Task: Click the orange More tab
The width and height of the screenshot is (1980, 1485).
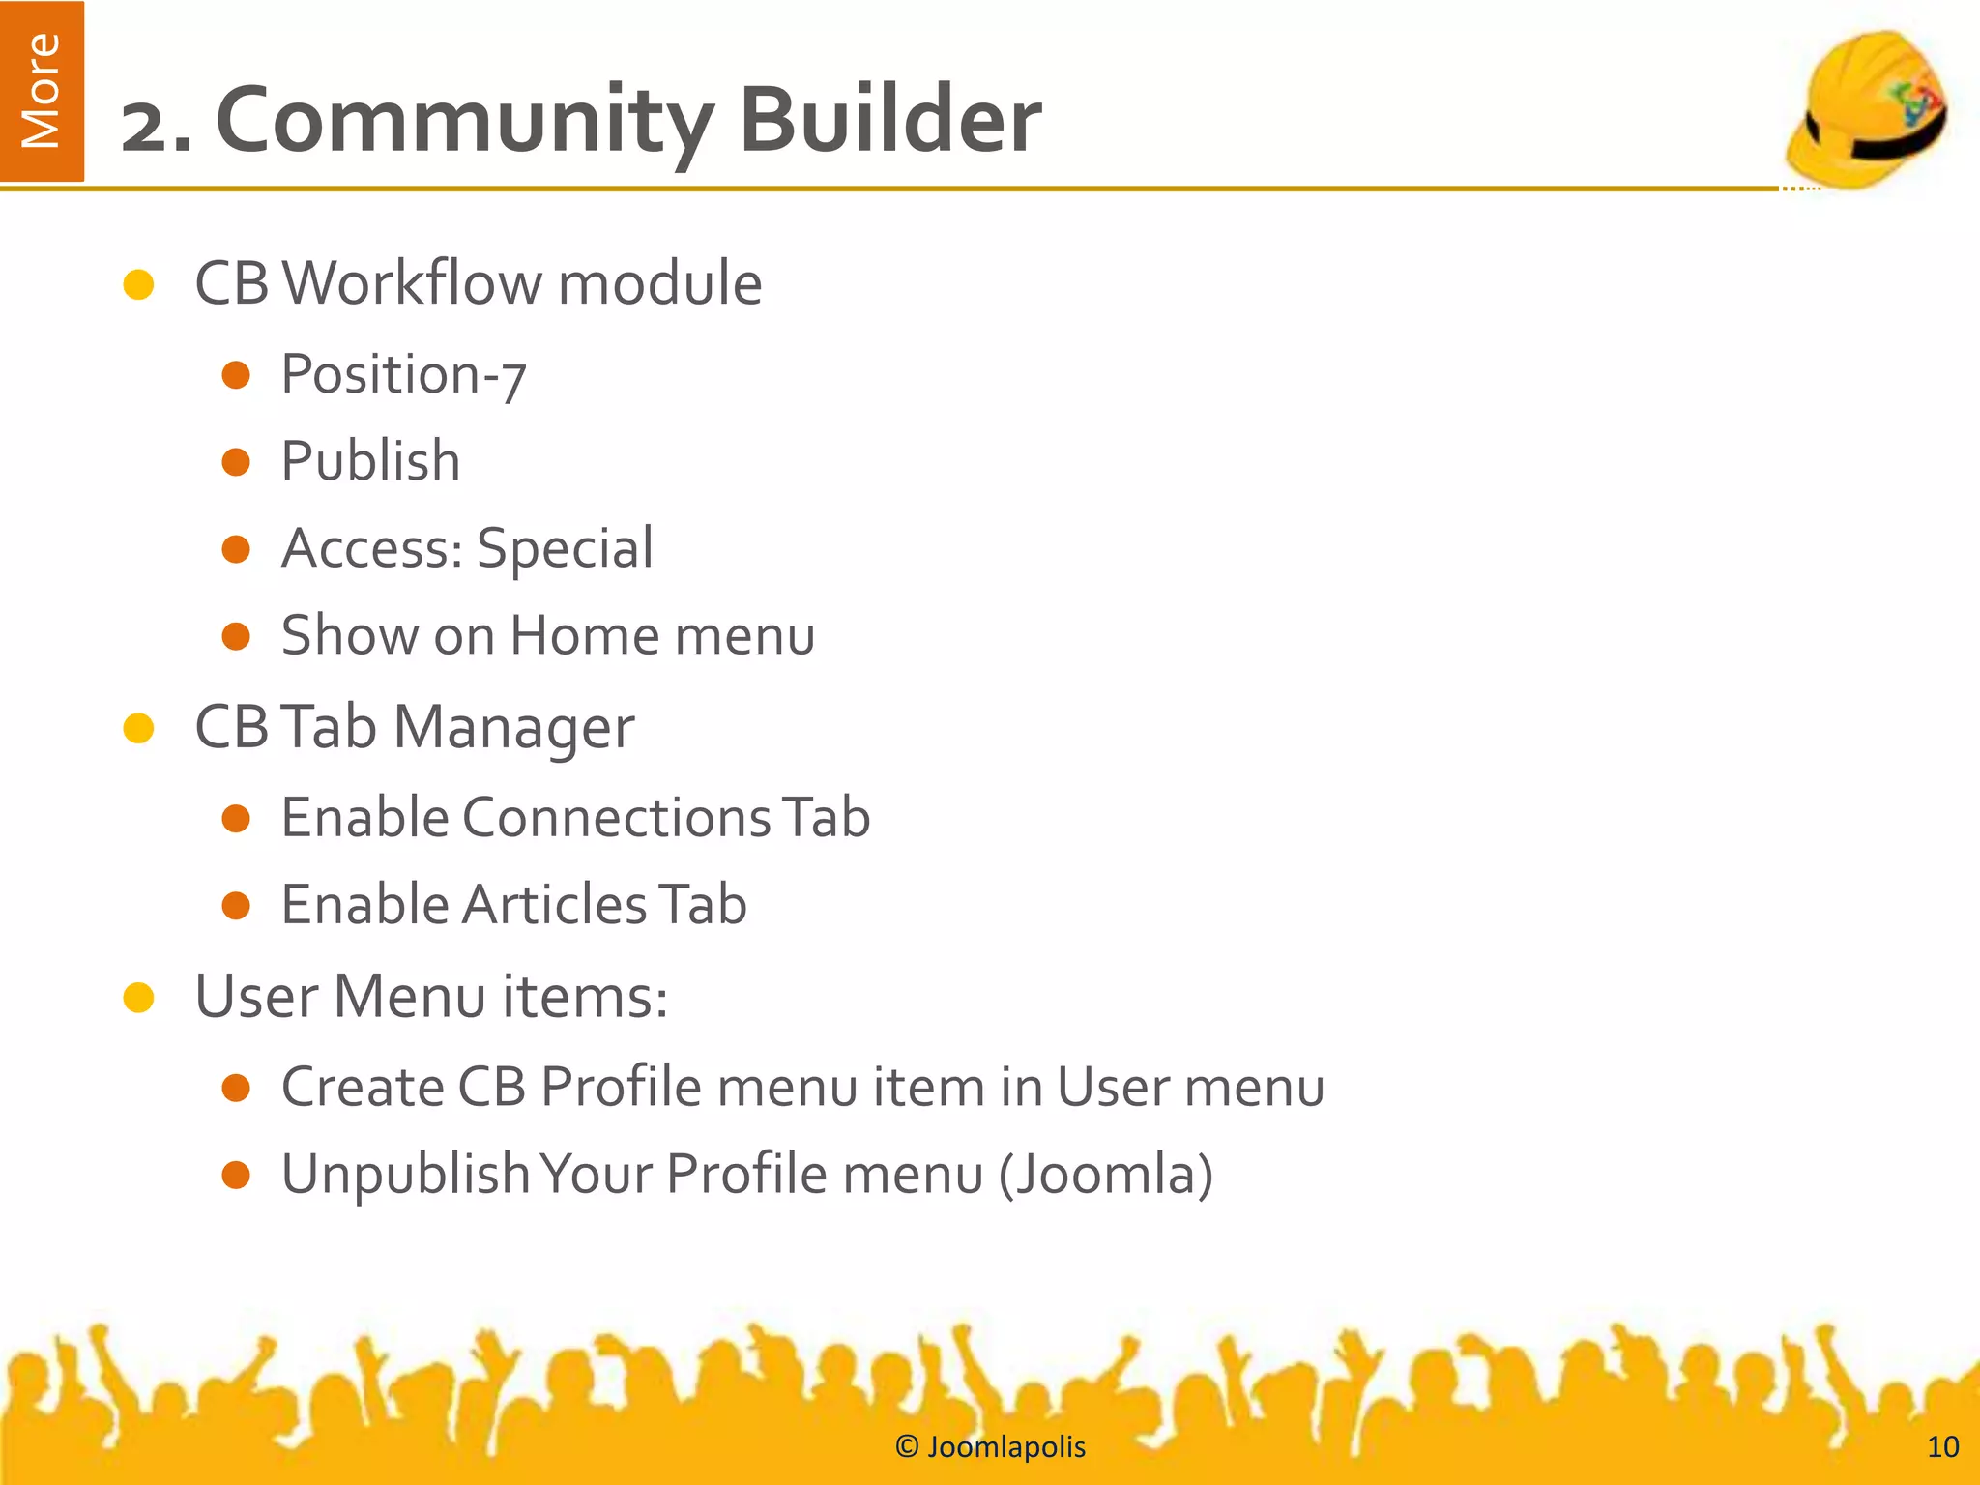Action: click(x=42, y=91)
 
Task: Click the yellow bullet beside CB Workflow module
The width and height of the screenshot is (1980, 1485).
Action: click(x=139, y=284)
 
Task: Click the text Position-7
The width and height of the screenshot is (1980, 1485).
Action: click(x=403, y=375)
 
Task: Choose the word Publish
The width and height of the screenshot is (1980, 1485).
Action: click(x=370, y=461)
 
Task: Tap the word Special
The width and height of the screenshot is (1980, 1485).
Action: click(x=565, y=549)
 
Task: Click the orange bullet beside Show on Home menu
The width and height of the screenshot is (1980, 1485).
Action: click(x=236, y=636)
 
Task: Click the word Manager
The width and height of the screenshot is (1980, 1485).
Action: click(x=513, y=728)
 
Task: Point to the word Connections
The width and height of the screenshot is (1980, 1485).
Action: click(x=616, y=818)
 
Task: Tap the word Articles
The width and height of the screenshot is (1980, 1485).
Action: click(x=554, y=905)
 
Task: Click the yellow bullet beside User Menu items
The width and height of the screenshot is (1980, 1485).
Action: click(x=139, y=998)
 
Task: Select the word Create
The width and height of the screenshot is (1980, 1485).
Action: click(x=362, y=1088)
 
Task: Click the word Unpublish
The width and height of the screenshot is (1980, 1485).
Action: click(x=404, y=1176)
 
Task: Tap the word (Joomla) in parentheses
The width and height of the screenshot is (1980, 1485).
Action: click(x=1105, y=1176)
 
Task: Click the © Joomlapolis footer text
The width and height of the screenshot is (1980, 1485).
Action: click(x=990, y=1446)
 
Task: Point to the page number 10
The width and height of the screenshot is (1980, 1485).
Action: click(x=1943, y=1446)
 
